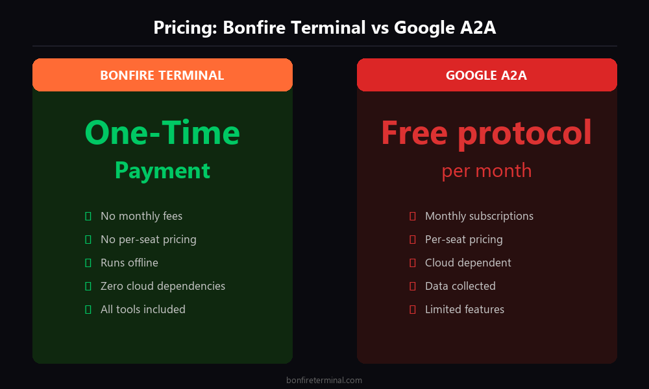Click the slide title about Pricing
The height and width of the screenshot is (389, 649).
[x=324, y=28]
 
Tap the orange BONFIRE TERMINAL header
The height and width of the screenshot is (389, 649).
[x=162, y=75]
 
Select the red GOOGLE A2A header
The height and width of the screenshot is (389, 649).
[x=486, y=75]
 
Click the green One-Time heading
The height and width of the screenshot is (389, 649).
[x=162, y=132]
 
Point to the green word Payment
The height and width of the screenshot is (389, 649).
[x=162, y=171]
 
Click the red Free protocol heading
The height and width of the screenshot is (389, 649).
[x=486, y=132]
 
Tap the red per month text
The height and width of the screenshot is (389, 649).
[x=486, y=171]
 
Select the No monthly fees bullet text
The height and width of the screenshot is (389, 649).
[x=141, y=216]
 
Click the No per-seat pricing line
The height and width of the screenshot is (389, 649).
[x=148, y=239]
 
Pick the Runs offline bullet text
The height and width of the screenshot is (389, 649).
[x=129, y=263]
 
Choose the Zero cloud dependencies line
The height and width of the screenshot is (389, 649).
[x=163, y=286]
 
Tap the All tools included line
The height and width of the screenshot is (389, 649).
[x=143, y=309]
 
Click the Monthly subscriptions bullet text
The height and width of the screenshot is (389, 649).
[x=479, y=216]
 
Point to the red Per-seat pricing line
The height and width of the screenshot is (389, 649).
[x=463, y=239]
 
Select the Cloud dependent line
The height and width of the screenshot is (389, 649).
[x=468, y=263]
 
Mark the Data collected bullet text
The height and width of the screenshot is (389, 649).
[x=460, y=286]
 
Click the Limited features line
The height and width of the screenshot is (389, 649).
[x=464, y=309]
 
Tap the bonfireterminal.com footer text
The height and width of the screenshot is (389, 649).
[x=324, y=381]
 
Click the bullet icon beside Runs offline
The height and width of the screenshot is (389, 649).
[x=88, y=263]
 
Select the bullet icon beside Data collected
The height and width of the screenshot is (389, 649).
[x=412, y=286]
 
